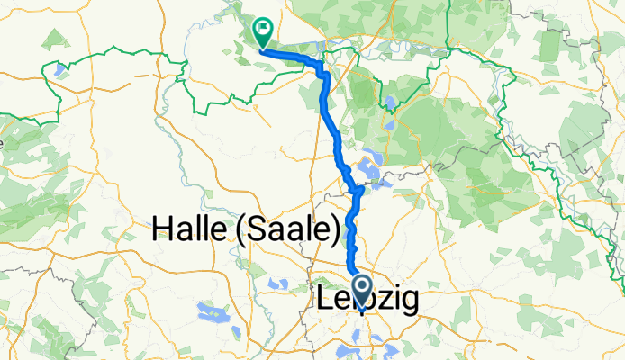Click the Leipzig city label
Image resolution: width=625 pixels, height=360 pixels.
point(368,300)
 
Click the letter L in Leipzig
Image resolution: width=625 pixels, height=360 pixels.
point(325,300)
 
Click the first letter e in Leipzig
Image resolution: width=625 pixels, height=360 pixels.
point(340,301)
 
